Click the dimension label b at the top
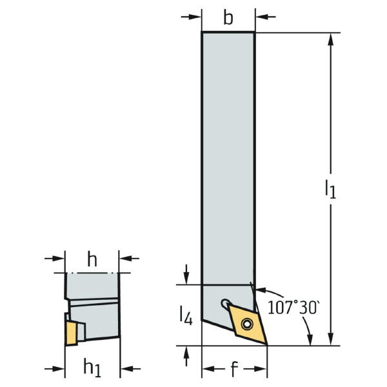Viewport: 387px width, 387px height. [x=228, y=18]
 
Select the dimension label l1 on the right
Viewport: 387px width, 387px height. [x=330, y=189]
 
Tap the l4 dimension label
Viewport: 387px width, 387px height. [x=186, y=315]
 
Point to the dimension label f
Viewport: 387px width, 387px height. [x=234, y=368]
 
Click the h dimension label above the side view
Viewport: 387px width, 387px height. [x=92, y=259]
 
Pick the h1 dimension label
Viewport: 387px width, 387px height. [x=92, y=368]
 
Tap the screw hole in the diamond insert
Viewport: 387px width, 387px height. [x=247, y=324]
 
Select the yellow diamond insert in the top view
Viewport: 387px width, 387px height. [x=248, y=324]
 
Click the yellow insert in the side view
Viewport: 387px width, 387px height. [x=72, y=333]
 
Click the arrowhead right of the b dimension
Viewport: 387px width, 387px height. [x=261, y=17]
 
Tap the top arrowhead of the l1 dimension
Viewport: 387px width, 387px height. [x=332, y=39]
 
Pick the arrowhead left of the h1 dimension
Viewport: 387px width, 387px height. [x=59, y=369]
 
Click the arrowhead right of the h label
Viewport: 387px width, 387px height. [x=125, y=259]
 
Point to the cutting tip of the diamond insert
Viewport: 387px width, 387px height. [x=267, y=344]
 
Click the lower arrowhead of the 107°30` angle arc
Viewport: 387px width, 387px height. [x=310, y=340]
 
